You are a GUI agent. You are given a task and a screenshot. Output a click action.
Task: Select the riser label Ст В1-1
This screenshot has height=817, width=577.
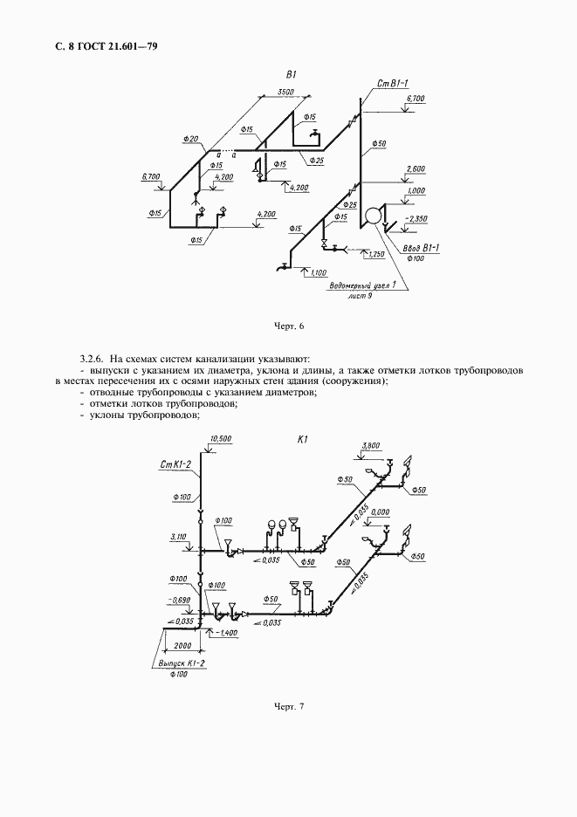[x=393, y=83]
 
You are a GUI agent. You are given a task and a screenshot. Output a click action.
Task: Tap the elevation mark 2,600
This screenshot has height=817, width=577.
[x=416, y=168]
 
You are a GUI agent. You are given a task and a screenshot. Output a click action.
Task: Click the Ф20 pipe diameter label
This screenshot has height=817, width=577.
[x=192, y=139]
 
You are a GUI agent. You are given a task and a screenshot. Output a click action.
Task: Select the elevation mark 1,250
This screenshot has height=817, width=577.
[x=377, y=254]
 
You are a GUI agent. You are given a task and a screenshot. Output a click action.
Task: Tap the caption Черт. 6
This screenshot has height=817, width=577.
[x=289, y=326]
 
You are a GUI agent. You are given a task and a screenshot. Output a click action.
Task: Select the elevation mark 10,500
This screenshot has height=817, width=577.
[x=220, y=439]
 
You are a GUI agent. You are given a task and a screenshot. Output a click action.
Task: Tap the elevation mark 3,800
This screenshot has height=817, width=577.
[x=371, y=445]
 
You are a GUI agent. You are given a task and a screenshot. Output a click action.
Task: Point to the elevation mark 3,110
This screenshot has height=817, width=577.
[x=180, y=536]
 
